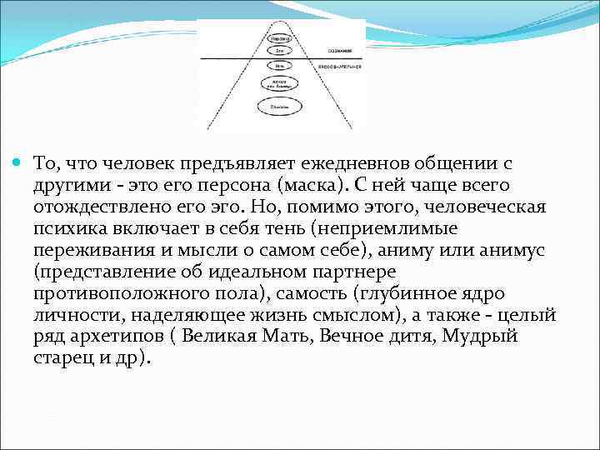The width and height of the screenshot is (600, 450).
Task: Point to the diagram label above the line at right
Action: click(330, 51)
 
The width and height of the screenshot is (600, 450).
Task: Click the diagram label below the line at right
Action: click(340, 65)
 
